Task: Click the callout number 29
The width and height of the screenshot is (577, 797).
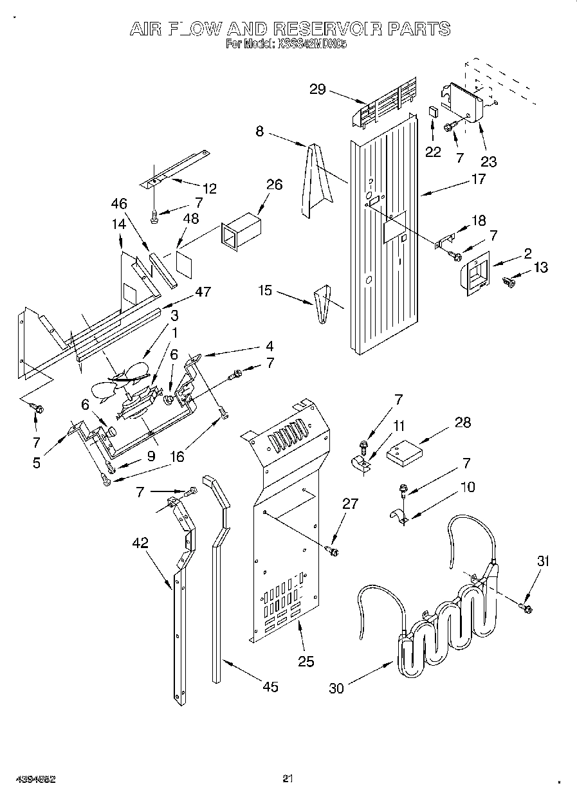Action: tap(318, 89)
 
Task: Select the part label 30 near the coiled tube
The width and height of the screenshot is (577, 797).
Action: tap(336, 688)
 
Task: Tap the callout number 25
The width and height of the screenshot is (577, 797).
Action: tap(306, 661)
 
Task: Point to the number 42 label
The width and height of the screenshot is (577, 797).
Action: tap(140, 543)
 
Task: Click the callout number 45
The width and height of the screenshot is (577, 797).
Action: tap(271, 687)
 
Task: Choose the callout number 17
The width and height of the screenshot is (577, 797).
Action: tap(478, 179)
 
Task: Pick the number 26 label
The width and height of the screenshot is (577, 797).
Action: tap(274, 185)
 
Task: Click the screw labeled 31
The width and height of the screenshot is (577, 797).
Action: tap(525, 607)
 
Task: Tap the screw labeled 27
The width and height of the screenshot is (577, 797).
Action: tap(333, 550)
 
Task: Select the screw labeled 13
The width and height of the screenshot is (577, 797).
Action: tap(510, 280)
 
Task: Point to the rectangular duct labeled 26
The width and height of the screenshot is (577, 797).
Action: tap(242, 232)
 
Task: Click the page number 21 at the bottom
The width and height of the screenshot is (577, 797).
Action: tap(288, 779)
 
